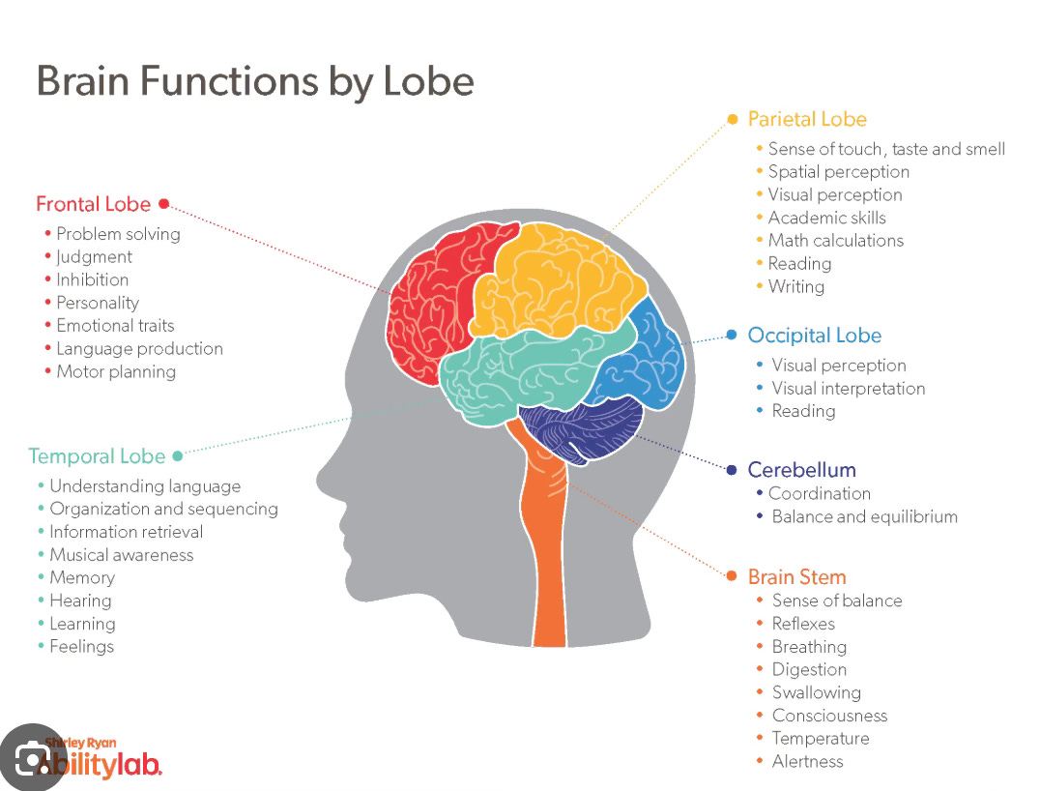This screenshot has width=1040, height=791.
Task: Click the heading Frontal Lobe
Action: coord(94,204)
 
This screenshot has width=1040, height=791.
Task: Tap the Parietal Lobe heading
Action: coord(807,119)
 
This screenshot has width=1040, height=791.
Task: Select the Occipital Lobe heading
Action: coord(815,336)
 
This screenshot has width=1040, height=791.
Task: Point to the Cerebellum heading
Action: coord(802,470)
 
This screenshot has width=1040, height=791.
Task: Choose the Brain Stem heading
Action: coord(797,577)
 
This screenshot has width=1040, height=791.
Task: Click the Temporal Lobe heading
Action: coord(97,455)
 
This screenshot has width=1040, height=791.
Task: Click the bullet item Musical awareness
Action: coord(122,555)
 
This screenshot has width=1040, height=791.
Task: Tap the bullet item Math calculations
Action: coord(836,241)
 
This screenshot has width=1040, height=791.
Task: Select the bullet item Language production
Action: coord(139,349)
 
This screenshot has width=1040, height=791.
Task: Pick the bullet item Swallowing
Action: coord(817,692)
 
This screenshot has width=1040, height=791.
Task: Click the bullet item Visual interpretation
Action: coord(849,389)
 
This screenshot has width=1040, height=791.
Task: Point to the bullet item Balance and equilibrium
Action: coord(865,516)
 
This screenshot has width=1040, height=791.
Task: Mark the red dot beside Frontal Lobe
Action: coord(163,203)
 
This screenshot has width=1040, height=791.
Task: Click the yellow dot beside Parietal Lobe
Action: coord(733,119)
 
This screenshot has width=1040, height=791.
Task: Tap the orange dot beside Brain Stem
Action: coord(732,576)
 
